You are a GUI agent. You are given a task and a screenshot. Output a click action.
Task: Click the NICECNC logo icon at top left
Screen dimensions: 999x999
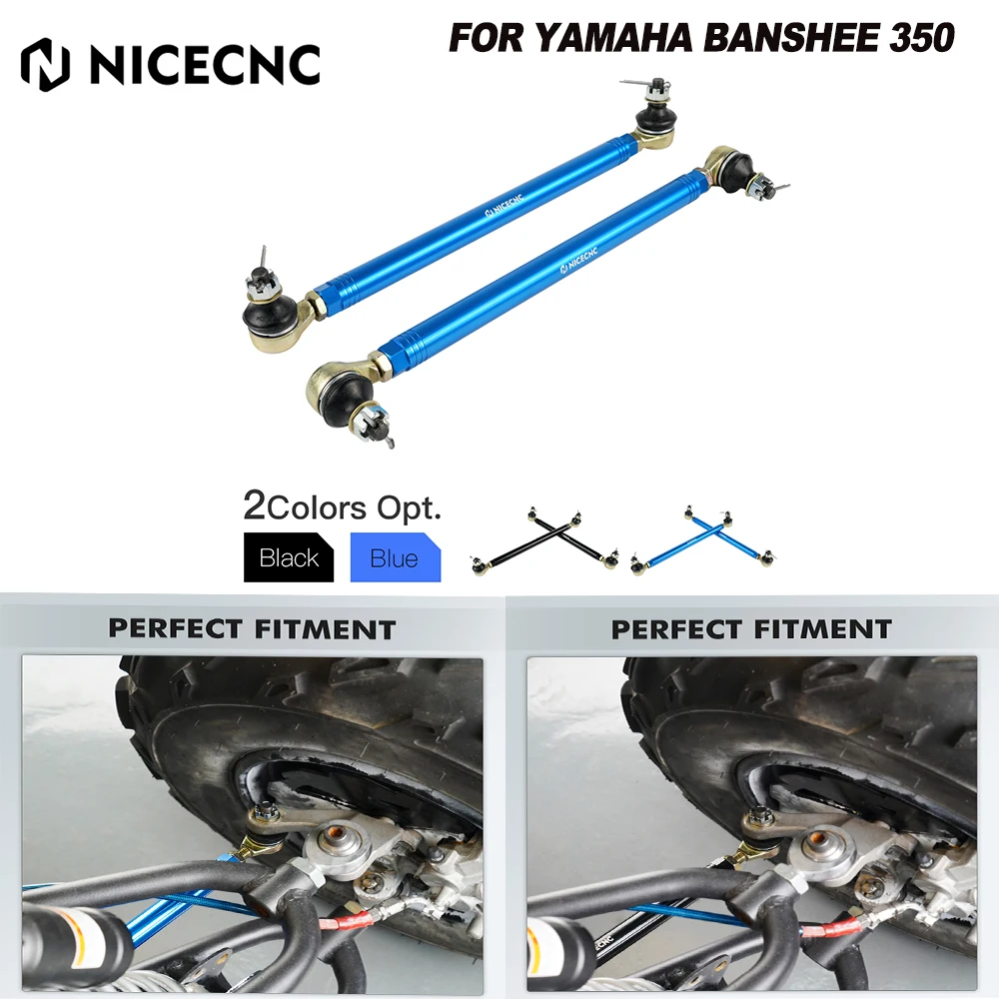click(47, 63)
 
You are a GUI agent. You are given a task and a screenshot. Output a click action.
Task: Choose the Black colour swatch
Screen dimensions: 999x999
click(289, 557)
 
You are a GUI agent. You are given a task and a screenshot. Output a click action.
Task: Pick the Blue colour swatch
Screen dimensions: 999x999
click(395, 557)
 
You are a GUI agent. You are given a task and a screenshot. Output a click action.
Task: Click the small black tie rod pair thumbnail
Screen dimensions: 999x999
click(544, 543)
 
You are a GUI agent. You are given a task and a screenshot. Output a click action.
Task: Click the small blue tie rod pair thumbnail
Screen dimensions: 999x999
click(703, 541)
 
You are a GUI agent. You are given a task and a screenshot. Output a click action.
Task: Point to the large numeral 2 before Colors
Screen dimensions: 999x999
click(254, 506)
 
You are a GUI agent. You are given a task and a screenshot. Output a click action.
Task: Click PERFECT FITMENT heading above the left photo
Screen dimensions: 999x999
click(252, 629)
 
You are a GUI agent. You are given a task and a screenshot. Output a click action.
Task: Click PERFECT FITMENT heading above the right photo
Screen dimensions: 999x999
click(751, 629)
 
